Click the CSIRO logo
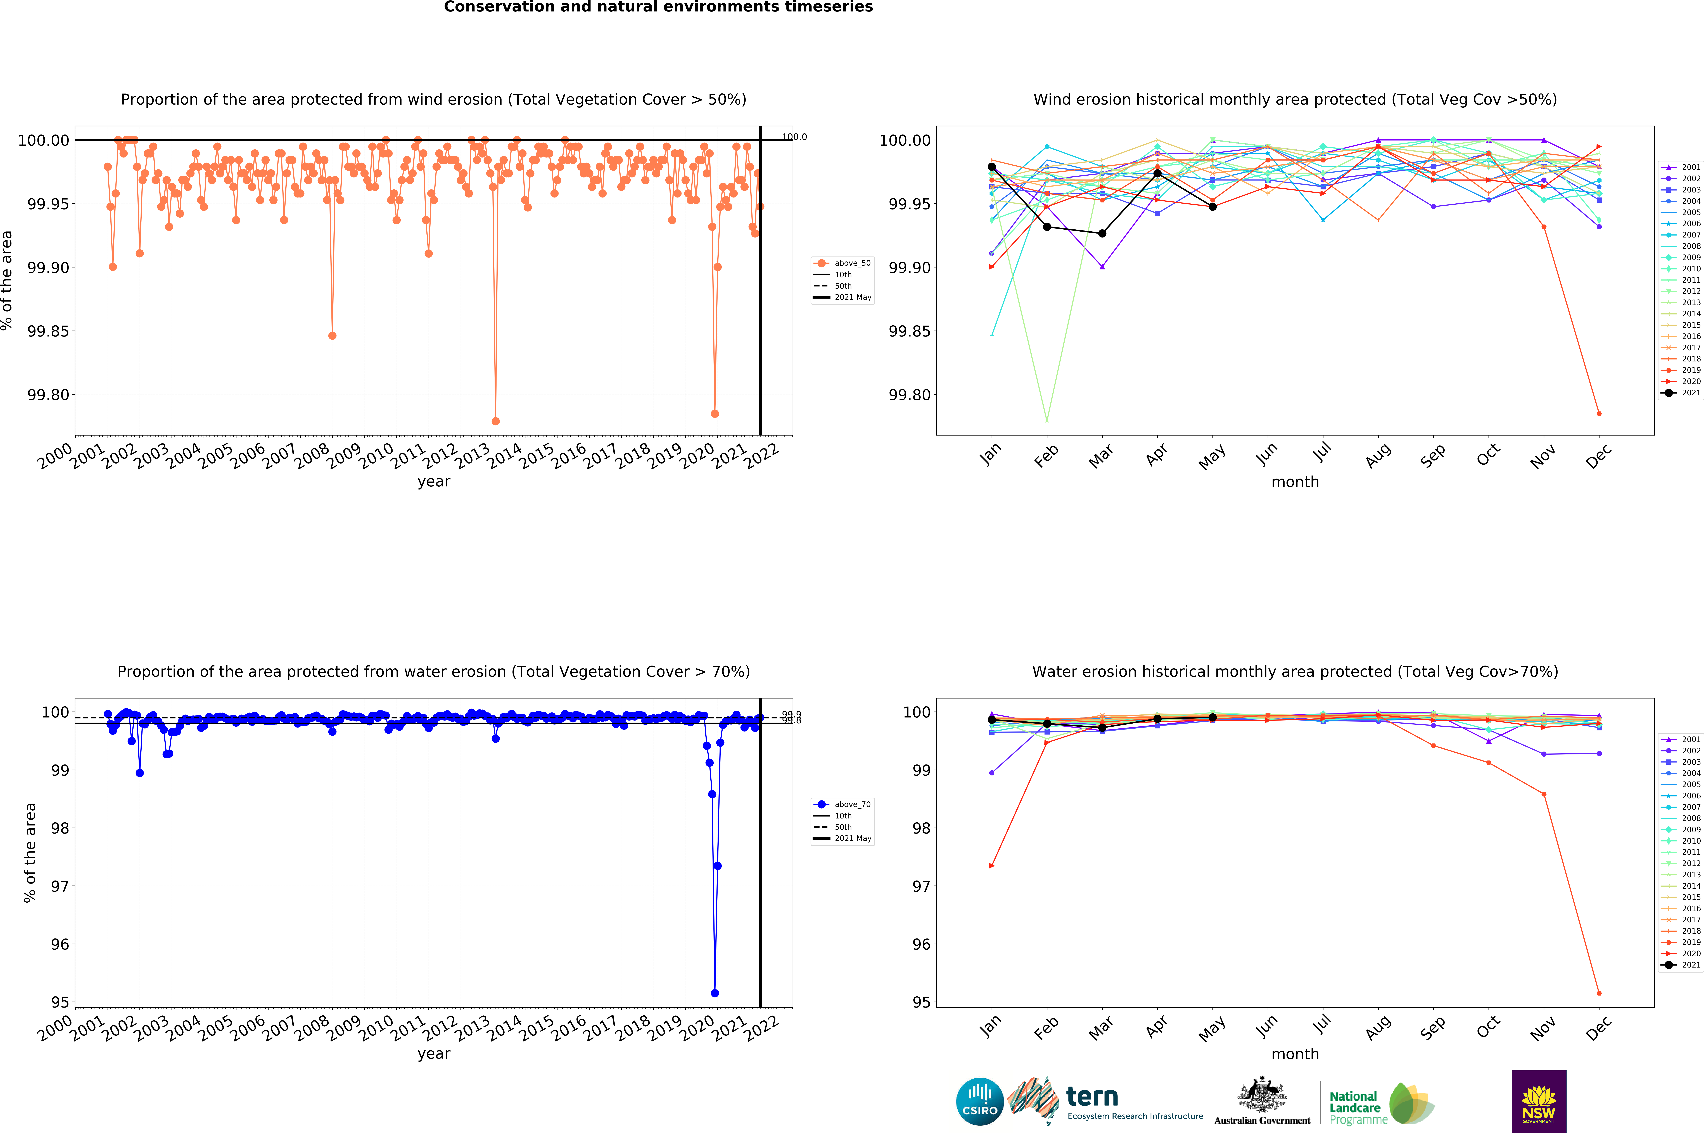point(979,1101)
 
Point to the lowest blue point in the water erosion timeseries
point(714,993)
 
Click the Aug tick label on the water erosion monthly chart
point(1378,1028)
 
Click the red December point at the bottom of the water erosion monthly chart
point(1599,993)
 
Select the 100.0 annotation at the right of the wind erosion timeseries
point(794,137)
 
